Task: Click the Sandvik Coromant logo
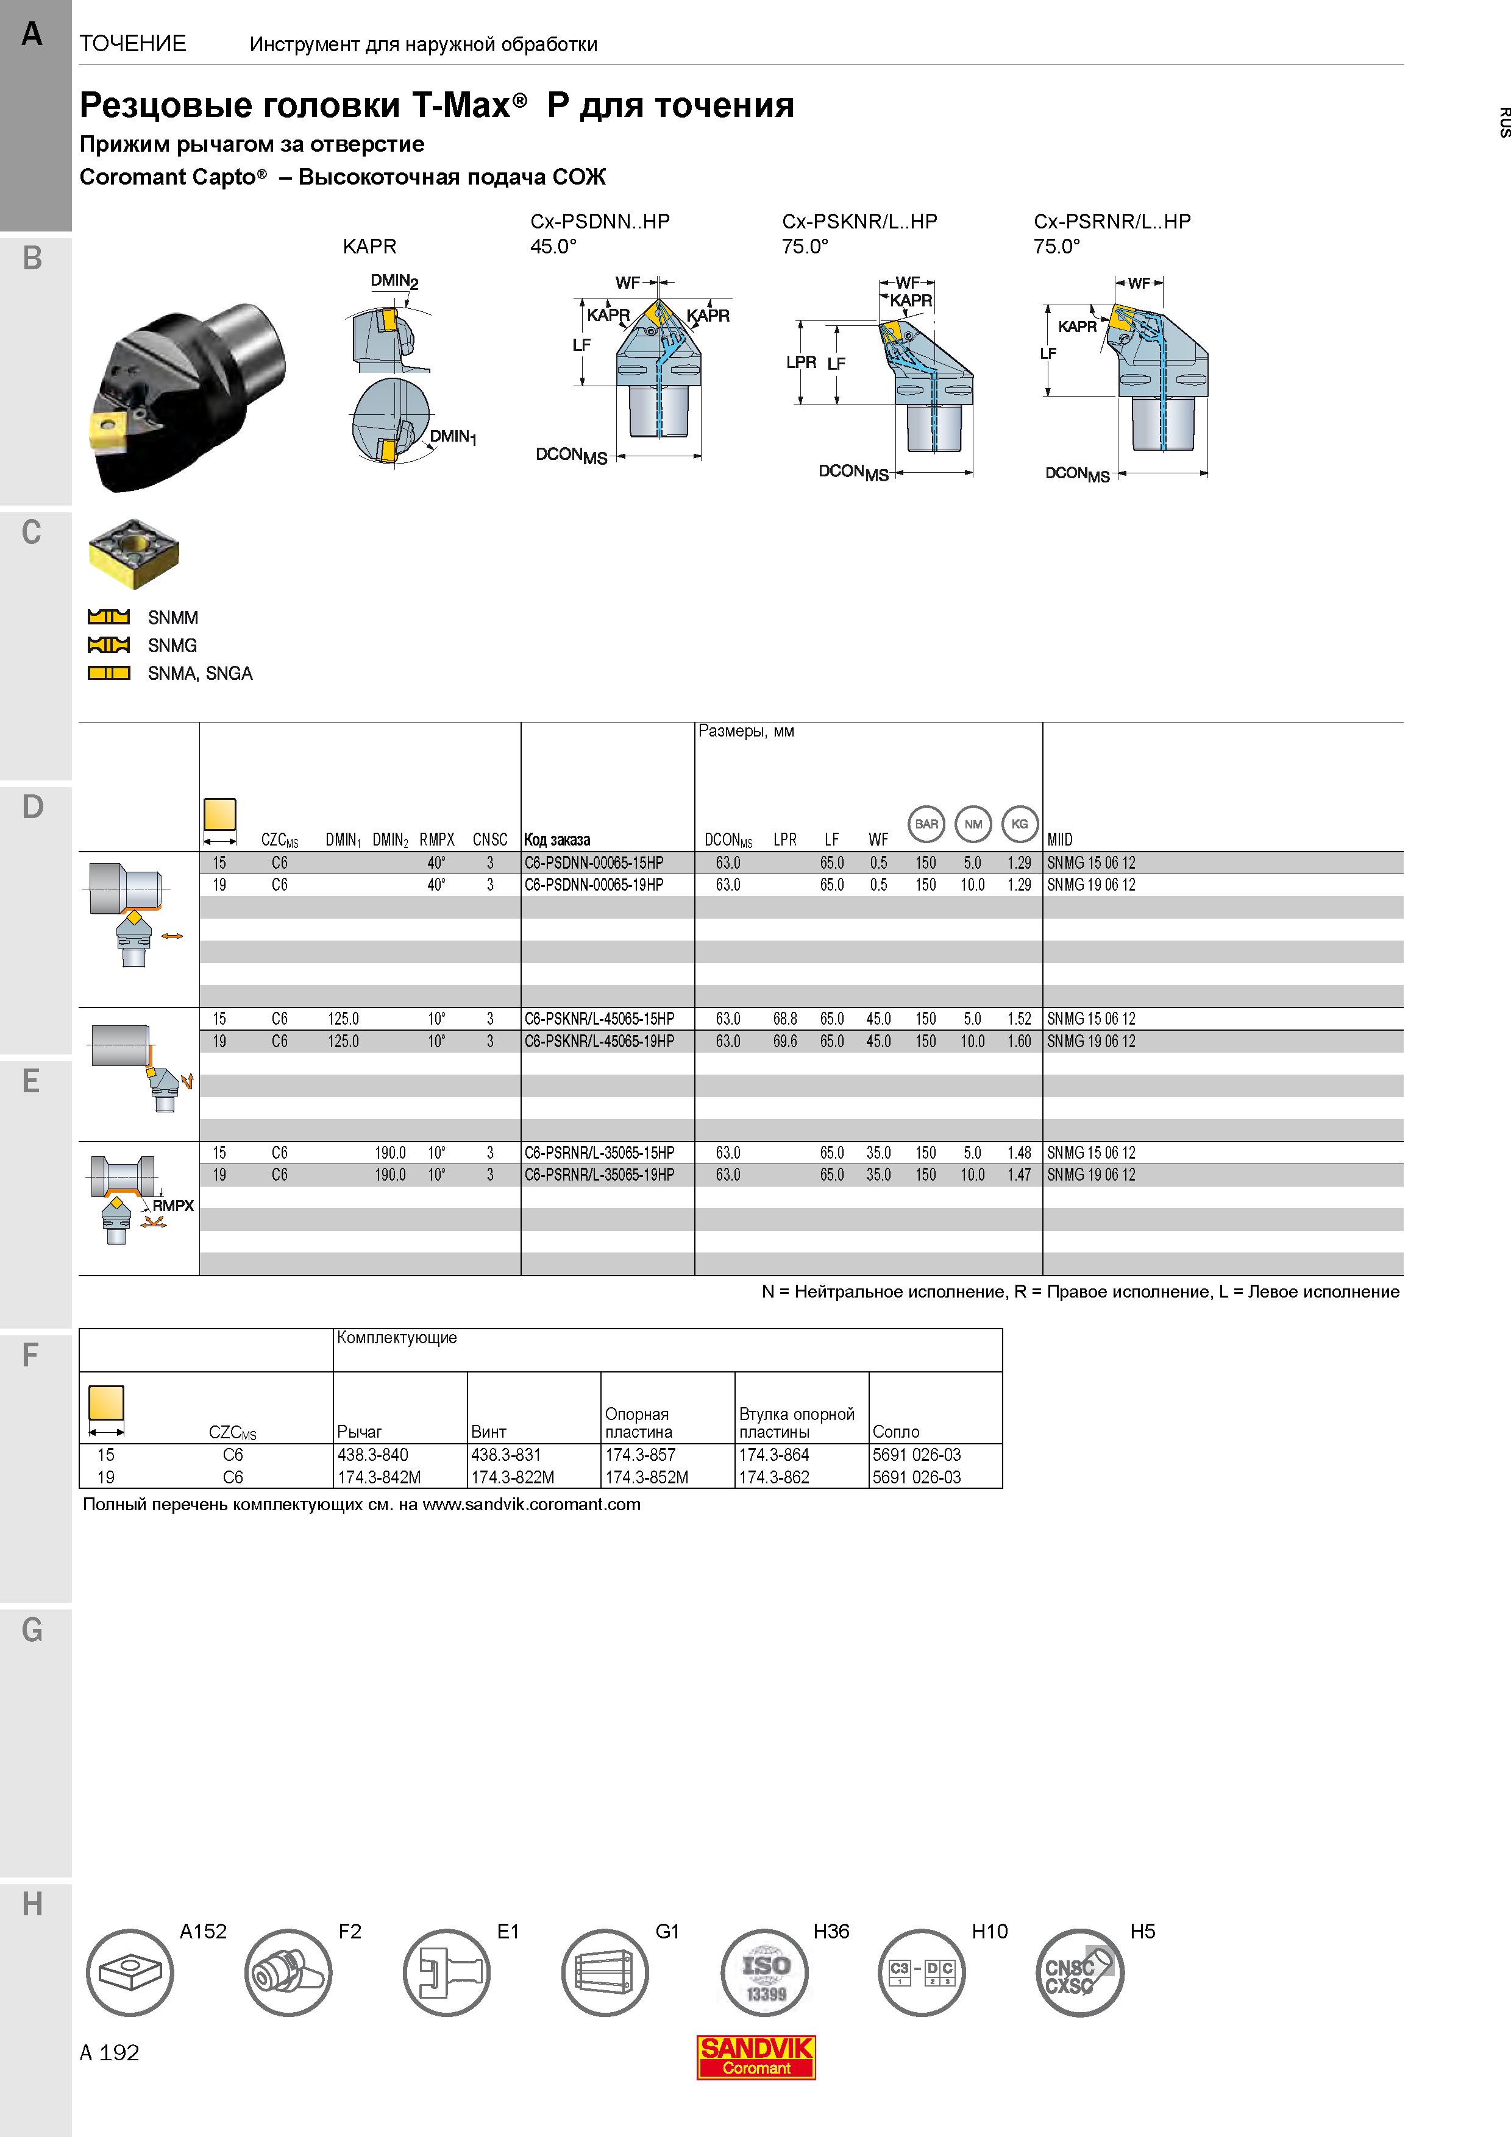(756, 2057)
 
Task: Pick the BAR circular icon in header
(926, 824)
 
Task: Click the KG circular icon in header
(1020, 824)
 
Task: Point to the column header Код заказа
(556, 839)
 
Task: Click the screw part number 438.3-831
(505, 1455)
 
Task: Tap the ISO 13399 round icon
(764, 1973)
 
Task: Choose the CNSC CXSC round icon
(1080, 1973)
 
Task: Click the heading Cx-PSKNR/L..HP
(859, 222)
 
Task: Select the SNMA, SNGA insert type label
(200, 673)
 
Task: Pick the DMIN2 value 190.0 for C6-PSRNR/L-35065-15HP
(390, 1153)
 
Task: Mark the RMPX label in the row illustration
(173, 1206)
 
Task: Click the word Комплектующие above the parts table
(397, 1338)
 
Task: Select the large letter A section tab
(32, 35)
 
